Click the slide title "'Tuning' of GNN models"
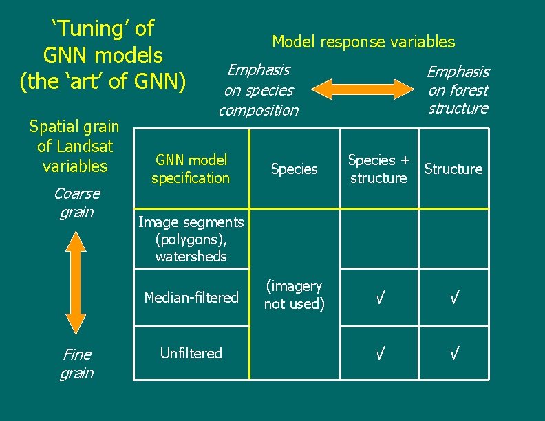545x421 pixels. click(103, 54)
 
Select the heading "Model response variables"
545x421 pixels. click(363, 42)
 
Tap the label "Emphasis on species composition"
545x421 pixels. click(259, 90)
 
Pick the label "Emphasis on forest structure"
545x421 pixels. click(458, 90)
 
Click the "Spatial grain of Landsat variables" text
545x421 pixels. click(74, 147)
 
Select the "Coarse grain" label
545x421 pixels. click(76, 203)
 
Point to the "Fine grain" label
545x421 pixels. click(76, 364)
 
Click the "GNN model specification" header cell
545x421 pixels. click(191, 169)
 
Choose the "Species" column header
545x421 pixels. click(294, 169)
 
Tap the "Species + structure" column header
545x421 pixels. click(378, 169)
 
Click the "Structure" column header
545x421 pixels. click(453, 169)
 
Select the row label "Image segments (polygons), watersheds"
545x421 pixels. click(191, 239)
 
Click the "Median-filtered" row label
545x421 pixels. click(191, 297)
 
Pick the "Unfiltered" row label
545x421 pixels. click(191, 354)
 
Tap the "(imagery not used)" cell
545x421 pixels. click(294, 295)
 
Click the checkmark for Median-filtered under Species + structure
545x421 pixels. click(378, 298)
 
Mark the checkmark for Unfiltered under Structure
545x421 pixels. click(453, 354)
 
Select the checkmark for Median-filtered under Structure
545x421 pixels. click(453, 298)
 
